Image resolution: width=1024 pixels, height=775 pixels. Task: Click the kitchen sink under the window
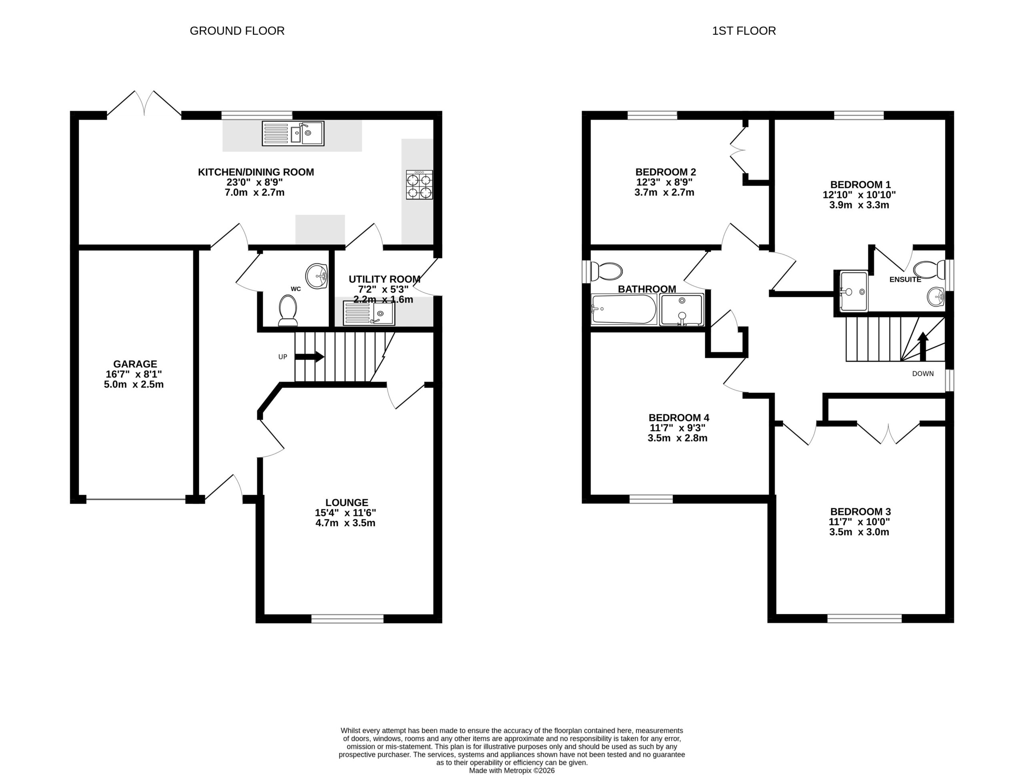pyautogui.click(x=293, y=133)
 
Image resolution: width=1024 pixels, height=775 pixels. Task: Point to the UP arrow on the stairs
pyautogui.click(x=309, y=356)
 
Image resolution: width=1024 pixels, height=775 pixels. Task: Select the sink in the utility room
pyautogui.click(x=369, y=313)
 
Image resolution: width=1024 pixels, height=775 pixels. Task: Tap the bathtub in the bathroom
pyautogui.click(x=624, y=309)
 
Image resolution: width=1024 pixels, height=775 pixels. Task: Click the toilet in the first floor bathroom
pyautogui.click(x=606, y=271)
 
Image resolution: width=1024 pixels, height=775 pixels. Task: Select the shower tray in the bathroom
pyautogui.click(x=682, y=309)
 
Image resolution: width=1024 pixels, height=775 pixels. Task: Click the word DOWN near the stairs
pyautogui.click(x=923, y=374)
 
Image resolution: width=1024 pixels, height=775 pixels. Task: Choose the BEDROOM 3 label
pyautogui.click(x=860, y=512)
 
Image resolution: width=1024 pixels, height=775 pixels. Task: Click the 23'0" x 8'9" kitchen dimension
pyautogui.click(x=255, y=182)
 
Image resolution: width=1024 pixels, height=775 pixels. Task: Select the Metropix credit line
pyautogui.click(x=512, y=770)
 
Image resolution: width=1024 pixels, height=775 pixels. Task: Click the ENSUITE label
pyautogui.click(x=906, y=280)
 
